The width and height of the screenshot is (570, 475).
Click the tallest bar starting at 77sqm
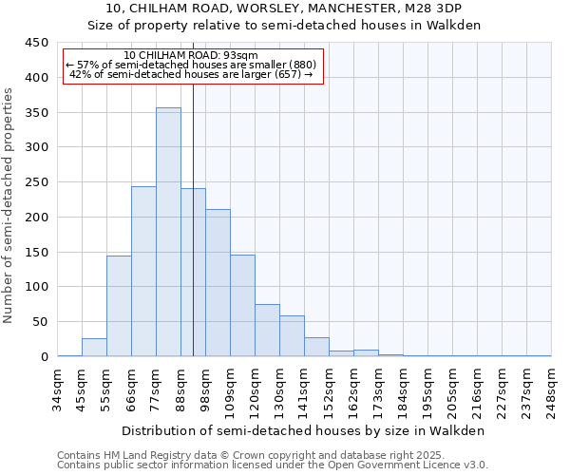pos(168,232)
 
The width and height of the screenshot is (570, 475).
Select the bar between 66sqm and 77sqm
pos(143,271)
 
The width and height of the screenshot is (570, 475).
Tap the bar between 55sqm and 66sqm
pos(119,306)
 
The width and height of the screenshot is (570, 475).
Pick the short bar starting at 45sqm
pos(94,348)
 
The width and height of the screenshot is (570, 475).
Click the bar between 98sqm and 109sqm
pos(218,283)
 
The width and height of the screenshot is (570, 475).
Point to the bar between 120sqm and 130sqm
pos(267,331)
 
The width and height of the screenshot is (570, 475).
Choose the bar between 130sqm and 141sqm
pos(292,336)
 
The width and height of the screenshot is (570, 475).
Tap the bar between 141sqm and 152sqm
pos(316,347)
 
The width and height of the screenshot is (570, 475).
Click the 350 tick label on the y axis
pos(36,112)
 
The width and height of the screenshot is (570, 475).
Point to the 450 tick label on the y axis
pos(36,43)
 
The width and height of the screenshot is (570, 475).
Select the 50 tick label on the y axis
pos(40,322)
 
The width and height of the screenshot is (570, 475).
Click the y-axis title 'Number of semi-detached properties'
pos(9,205)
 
